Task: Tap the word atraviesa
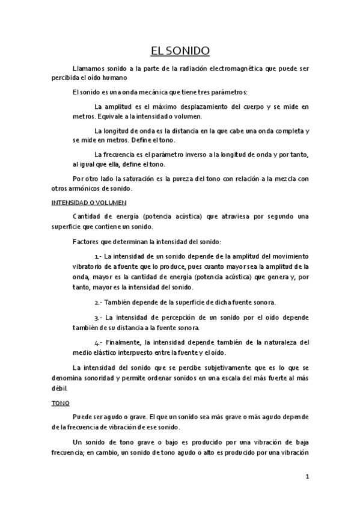click(218, 216)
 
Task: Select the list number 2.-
click(100, 302)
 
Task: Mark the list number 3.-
click(100, 316)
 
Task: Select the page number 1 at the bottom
click(307, 478)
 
